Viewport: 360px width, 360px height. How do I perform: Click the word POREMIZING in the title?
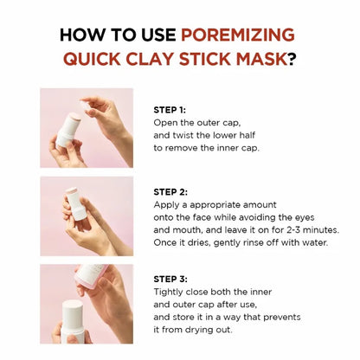pyautogui.click(x=237, y=35)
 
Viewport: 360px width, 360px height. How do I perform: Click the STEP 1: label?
pyautogui.click(x=170, y=110)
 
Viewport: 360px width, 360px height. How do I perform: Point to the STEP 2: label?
pyautogui.click(x=170, y=191)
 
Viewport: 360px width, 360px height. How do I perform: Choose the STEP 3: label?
pyautogui.click(x=170, y=280)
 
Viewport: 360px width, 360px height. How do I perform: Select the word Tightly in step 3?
pyautogui.click(x=170, y=292)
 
